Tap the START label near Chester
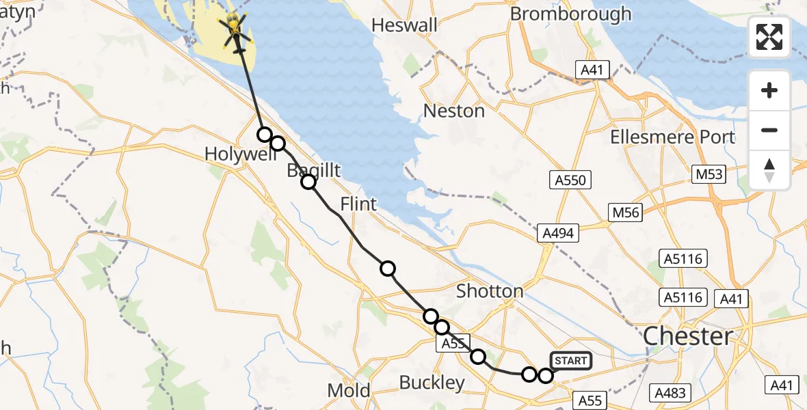[x=569, y=361]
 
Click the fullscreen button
[x=769, y=37]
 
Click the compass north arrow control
[x=769, y=170]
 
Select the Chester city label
[x=688, y=336]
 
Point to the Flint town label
[x=358, y=204]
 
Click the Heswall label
[x=404, y=25]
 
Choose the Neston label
[x=454, y=111]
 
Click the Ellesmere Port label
[x=673, y=137]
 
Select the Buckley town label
[x=432, y=383]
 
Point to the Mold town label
[x=349, y=391]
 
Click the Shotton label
[x=490, y=291]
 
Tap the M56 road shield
[x=626, y=213]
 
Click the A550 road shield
[x=570, y=180]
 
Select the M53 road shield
[x=708, y=174]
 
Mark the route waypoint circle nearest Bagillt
[x=308, y=181]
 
